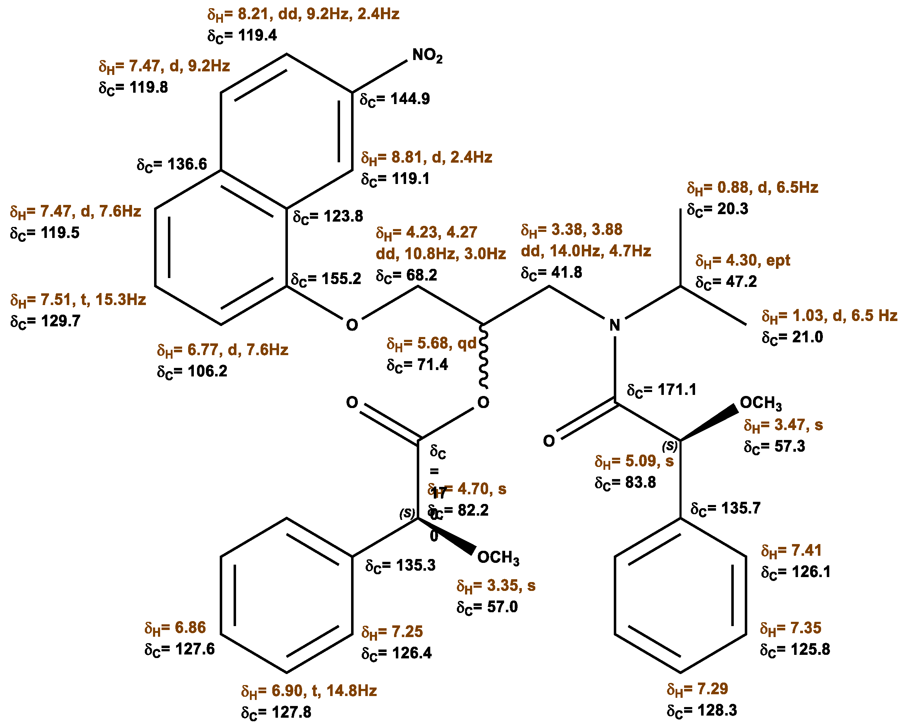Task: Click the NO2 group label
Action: [x=427, y=55]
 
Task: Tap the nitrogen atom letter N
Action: [x=614, y=325]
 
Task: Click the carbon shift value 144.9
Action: [x=395, y=99]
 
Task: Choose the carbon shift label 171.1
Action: [x=661, y=390]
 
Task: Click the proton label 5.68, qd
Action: [x=431, y=343]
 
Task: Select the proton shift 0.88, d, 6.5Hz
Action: [x=752, y=188]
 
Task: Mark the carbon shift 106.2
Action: [x=192, y=371]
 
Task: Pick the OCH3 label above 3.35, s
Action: [x=498, y=558]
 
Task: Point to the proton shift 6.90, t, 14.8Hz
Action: [x=309, y=691]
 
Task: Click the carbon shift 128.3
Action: [x=702, y=710]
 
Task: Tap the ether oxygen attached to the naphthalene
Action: [x=352, y=325]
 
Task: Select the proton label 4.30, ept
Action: [x=743, y=260]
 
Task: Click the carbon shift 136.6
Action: [x=172, y=164]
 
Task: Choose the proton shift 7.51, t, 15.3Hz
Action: [x=78, y=300]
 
